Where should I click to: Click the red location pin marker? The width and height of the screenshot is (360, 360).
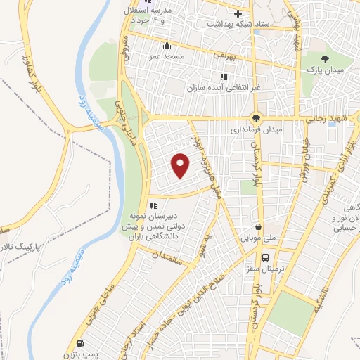pos(181,166)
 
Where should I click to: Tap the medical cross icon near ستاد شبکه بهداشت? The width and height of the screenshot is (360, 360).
pos(238,13)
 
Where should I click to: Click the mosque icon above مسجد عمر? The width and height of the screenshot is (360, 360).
pos(166,46)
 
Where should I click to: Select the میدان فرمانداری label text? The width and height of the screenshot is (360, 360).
pos(257,130)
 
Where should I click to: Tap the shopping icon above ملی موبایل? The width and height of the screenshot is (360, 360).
pos(259,227)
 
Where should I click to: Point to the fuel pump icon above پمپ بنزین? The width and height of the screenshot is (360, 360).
pos(80,345)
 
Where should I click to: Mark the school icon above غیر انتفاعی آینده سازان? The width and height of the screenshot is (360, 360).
pos(224,77)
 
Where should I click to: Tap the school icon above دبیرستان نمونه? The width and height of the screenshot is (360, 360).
pos(152,205)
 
